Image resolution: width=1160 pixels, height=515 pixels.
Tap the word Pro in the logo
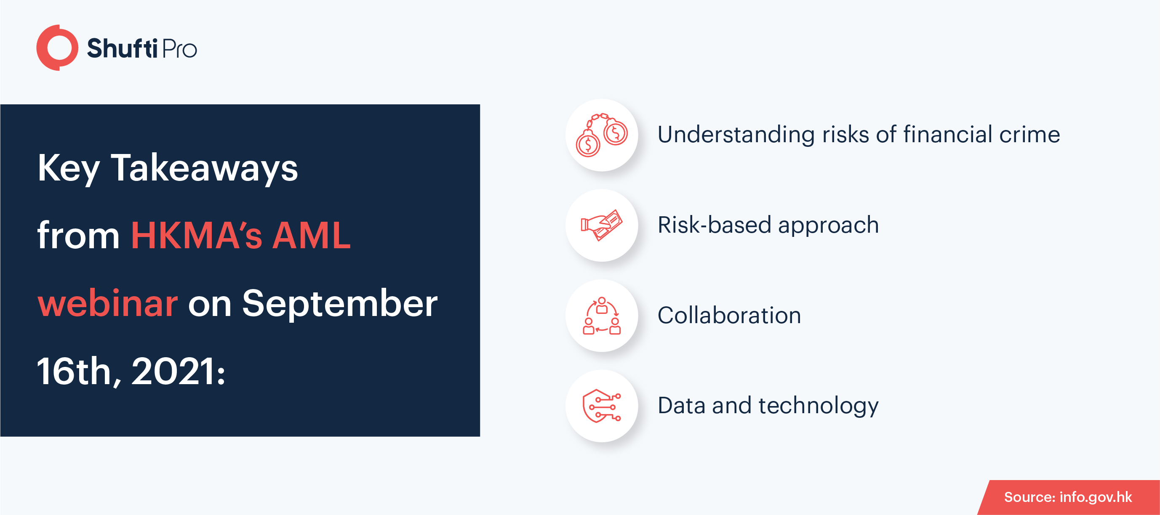click(179, 49)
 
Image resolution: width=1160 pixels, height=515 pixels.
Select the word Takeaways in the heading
click(205, 168)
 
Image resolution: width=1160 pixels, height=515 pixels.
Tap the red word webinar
click(108, 303)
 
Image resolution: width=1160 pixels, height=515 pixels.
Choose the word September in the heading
click(340, 304)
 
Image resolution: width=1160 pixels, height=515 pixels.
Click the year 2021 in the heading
click(179, 372)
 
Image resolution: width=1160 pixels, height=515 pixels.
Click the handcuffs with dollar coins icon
click(602, 135)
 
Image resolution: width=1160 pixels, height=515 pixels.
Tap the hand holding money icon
click(602, 225)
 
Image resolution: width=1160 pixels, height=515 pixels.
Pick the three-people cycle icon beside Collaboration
click(602, 316)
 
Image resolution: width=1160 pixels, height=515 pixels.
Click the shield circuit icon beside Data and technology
click(602, 406)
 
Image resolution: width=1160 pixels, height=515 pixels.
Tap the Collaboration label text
click(730, 315)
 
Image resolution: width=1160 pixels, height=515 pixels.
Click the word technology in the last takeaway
click(818, 406)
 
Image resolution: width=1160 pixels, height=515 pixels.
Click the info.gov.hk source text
click(1096, 497)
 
